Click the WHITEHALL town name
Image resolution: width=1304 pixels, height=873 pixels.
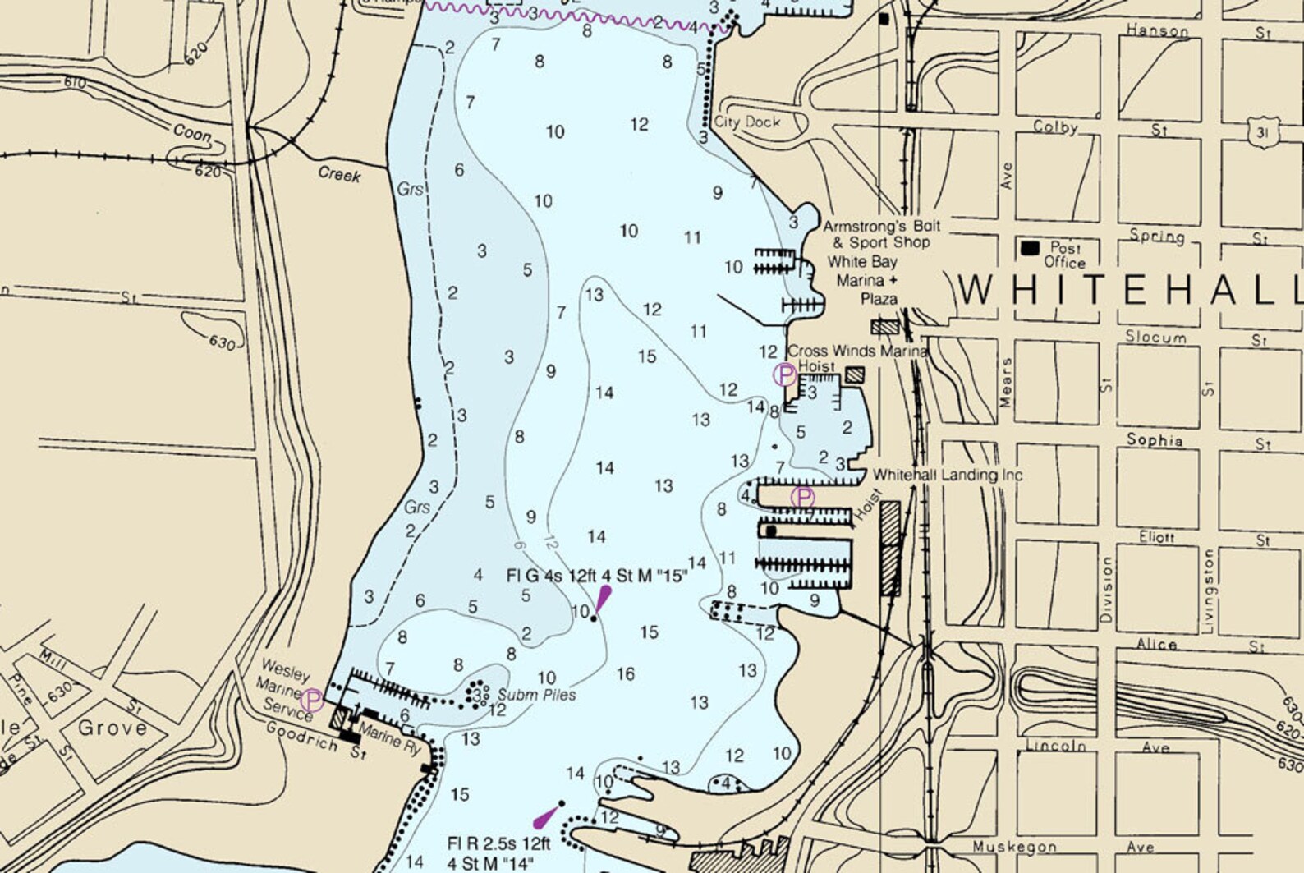(x=1130, y=291)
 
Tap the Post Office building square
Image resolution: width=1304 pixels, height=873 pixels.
(x=1030, y=247)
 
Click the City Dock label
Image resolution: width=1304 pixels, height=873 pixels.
(x=746, y=122)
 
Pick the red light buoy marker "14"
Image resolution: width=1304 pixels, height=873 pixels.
(x=546, y=816)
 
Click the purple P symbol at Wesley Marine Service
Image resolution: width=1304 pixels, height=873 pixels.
(x=312, y=700)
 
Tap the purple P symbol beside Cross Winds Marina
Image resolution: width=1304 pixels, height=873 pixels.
(x=784, y=375)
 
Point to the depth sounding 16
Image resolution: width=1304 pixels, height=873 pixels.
(x=626, y=674)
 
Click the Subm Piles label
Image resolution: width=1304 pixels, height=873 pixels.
(x=536, y=695)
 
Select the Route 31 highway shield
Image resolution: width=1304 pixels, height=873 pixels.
(x=1260, y=132)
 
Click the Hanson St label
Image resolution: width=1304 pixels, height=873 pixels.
(x=1157, y=31)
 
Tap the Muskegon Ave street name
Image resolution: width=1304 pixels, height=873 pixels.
(x=1014, y=846)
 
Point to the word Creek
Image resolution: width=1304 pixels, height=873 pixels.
(x=339, y=174)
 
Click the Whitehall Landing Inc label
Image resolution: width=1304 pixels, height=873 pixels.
(x=947, y=475)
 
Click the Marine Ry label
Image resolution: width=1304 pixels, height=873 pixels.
(x=390, y=737)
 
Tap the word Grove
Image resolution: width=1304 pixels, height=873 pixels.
(x=112, y=728)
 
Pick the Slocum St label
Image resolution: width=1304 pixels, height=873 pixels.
(x=1155, y=338)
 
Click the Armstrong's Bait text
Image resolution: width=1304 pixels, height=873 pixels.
(x=882, y=226)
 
